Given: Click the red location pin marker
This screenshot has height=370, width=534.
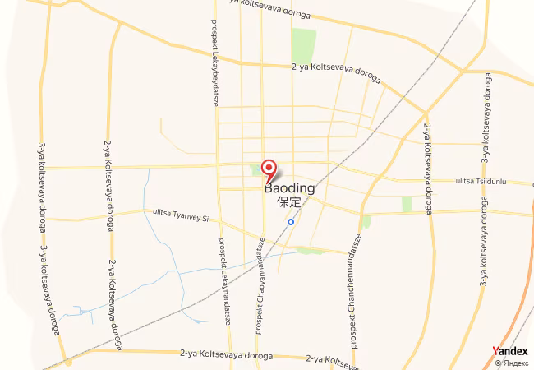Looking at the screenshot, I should pyautogui.click(x=269, y=168).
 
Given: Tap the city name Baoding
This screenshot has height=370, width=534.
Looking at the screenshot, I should pyautogui.click(x=289, y=188).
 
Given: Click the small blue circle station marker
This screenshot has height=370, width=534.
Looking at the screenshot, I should pyautogui.click(x=291, y=221).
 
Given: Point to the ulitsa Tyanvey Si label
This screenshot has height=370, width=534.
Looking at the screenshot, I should pyautogui.click(x=182, y=215).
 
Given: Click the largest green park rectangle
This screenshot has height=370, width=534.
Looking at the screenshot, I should pyautogui.click(x=304, y=45).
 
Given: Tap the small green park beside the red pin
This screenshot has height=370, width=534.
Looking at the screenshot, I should pyautogui.click(x=255, y=170).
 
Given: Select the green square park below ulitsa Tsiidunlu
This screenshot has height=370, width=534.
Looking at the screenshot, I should pyautogui.click(x=406, y=203).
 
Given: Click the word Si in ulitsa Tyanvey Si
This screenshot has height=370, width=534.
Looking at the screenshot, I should pyautogui.click(x=206, y=218).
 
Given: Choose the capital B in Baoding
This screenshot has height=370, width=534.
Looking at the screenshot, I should pyautogui.click(x=269, y=188).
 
